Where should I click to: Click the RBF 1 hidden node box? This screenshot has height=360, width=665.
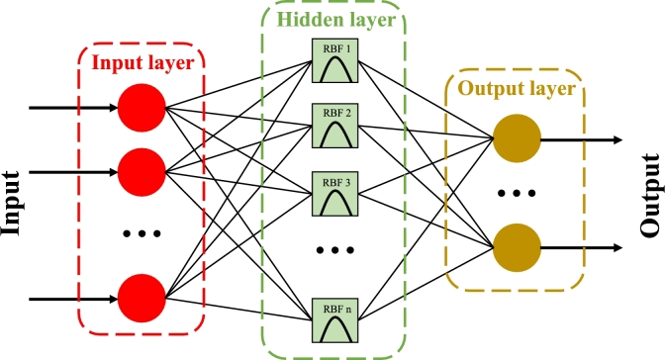(x=333, y=65)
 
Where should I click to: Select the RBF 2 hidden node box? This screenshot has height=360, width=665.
(x=333, y=127)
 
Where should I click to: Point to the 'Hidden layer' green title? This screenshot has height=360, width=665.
(x=333, y=19)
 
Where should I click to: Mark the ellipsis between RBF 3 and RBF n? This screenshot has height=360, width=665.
(x=333, y=249)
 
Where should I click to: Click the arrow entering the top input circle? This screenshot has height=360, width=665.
(x=74, y=106)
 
